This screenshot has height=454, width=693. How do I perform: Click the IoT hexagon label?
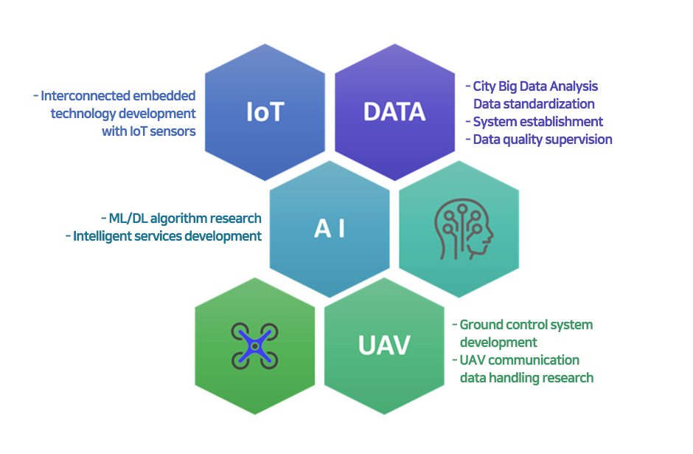click(x=265, y=112)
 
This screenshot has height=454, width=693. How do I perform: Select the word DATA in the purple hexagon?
click(x=394, y=111)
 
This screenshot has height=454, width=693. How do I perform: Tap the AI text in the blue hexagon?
click(x=330, y=229)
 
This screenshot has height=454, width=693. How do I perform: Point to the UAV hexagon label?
click(x=384, y=345)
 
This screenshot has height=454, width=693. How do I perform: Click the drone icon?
click(x=254, y=346)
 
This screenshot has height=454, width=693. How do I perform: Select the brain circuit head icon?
click(x=463, y=229)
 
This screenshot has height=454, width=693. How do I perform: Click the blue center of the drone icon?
click(x=255, y=346)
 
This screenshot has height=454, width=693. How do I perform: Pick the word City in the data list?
click(x=484, y=86)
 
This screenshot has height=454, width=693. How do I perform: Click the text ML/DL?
click(x=128, y=219)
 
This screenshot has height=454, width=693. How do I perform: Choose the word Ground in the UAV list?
click(x=481, y=325)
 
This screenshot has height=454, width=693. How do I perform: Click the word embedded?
click(x=164, y=95)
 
